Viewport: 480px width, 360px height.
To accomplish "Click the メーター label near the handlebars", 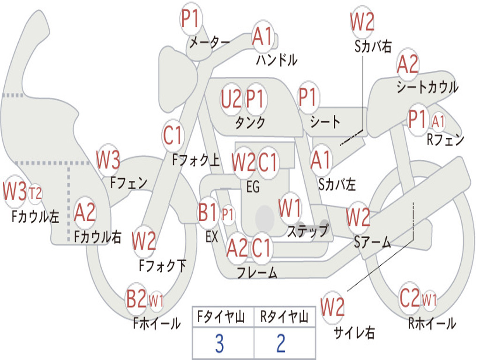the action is (210, 42).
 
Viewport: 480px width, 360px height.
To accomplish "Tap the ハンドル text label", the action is (277, 60).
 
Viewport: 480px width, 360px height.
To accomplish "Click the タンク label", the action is (250, 122).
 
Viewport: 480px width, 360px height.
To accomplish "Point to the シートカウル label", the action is (427, 87).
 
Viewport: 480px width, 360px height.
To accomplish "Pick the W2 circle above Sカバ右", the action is (362, 22).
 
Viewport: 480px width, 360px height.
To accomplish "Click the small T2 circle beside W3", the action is (35, 194).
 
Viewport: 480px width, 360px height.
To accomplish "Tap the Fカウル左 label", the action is (35, 217).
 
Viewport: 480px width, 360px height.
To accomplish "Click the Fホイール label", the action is (157, 323).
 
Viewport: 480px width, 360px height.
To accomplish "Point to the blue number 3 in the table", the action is (219, 343).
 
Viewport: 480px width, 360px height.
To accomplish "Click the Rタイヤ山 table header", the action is (285, 317).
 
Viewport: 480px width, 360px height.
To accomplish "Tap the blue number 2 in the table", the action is (281, 343).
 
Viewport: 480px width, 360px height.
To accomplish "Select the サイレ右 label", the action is (354, 332).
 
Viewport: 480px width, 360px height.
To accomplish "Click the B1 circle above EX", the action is (208, 212).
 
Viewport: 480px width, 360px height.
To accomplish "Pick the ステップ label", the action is (307, 231).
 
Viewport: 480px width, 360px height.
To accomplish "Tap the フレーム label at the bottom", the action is (257, 272).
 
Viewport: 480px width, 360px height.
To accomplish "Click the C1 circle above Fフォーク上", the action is (173, 135).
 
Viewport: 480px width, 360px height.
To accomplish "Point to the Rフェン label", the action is (445, 140).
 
